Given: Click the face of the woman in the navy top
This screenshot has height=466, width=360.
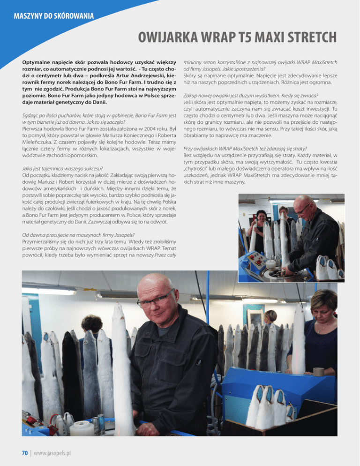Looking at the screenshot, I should pos(324,307).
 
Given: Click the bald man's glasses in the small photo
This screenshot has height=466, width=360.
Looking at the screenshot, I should pos(303,209).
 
